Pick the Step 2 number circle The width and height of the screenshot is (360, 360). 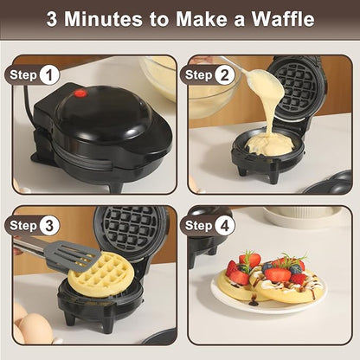pos(226,74)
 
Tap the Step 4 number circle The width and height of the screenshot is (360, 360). pos(226,225)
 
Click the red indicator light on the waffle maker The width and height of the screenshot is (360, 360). pos(80,93)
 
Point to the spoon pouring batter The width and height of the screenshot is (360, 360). pos(260,83)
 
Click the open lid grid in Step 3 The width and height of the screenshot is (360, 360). pos(130,232)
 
